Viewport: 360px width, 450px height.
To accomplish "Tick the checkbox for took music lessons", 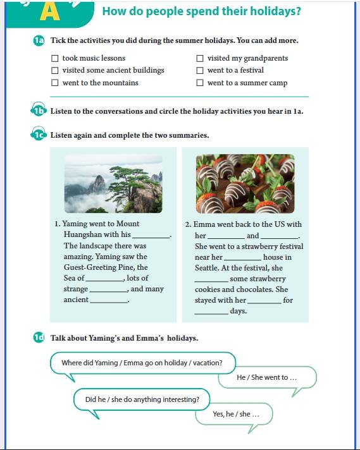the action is tap(54, 58).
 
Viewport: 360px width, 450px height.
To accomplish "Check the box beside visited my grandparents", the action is tap(200, 58).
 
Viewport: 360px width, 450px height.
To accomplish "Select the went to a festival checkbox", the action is tap(200, 70).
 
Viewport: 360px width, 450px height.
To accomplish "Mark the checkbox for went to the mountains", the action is tap(54, 83).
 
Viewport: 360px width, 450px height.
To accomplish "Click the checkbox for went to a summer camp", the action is tap(200, 83).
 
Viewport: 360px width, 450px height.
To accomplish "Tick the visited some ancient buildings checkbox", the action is tap(54, 70).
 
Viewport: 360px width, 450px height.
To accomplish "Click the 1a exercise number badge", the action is tap(39, 40).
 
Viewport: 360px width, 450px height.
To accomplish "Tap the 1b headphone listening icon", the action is tap(39, 109).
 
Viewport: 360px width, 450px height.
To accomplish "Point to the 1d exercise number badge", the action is tap(39, 337).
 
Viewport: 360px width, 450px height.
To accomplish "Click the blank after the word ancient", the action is tap(109, 302).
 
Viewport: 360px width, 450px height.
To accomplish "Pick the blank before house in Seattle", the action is tap(243, 260).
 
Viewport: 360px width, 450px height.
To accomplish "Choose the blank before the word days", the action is tap(211, 313).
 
